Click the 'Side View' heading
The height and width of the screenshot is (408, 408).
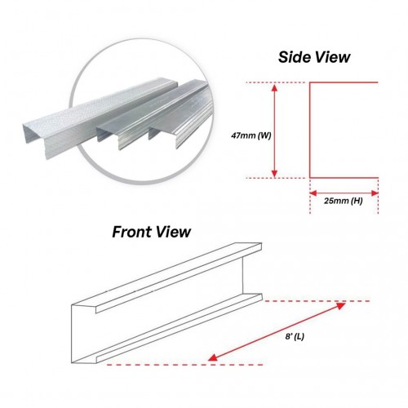pos(314,57)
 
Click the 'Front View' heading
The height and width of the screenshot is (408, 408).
pos(151,232)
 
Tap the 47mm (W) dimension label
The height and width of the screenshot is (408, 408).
pos(251,135)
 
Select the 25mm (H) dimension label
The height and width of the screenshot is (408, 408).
pos(344,201)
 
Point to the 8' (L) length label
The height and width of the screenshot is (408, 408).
pos(295,337)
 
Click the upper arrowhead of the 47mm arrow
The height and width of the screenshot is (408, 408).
pos(275,87)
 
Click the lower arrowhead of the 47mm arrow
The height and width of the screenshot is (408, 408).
pos(275,173)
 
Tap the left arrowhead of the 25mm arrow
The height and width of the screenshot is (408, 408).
pos(313,193)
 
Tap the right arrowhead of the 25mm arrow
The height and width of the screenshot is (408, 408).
pos(375,193)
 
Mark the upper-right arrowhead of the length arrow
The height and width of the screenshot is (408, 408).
pos(341,305)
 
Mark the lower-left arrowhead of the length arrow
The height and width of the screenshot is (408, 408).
pos(213,357)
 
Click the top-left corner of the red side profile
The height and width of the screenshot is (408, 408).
pos(310,82)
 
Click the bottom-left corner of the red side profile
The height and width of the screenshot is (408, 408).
pos(310,178)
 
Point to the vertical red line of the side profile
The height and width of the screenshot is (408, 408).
pos(310,130)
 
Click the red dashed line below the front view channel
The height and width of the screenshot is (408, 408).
pos(185,365)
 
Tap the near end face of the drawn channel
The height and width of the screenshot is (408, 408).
pos(84,334)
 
